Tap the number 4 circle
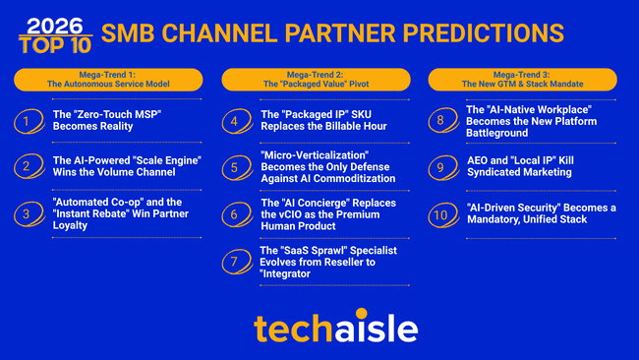click(233, 122)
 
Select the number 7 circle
click(233, 262)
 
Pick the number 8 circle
click(440, 122)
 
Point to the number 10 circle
click(440, 213)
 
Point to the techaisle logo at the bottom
click(319, 328)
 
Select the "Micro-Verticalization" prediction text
click(327, 166)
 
